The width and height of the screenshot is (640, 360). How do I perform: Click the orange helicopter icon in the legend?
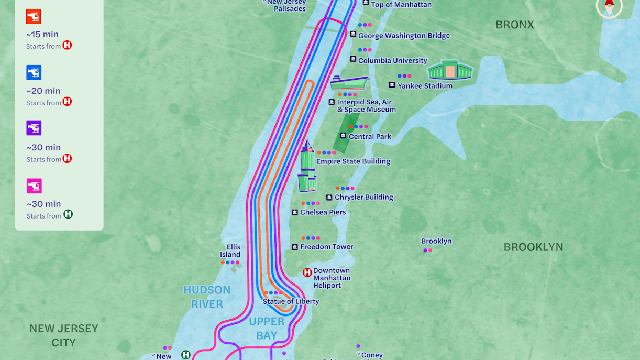click(x=34, y=16)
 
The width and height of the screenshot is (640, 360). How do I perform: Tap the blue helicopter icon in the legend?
click(x=34, y=72)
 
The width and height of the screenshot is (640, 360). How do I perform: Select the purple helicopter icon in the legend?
click(x=34, y=128)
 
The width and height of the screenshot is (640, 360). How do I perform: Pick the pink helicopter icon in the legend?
click(x=34, y=186)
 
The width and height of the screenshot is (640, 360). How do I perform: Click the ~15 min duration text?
click(x=42, y=34)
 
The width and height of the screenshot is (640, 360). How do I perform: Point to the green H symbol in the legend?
click(x=68, y=214)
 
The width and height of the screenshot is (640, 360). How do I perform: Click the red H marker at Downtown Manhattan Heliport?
click(x=307, y=272)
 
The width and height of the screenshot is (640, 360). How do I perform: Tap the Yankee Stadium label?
click(x=425, y=86)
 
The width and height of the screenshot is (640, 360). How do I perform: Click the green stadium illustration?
click(x=450, y=70)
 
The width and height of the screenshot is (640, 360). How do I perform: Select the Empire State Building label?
click(x=353, y=161)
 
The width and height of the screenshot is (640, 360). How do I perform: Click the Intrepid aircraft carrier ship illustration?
click(x=349, y=83)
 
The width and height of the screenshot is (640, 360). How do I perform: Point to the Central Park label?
click(x=370, y=136)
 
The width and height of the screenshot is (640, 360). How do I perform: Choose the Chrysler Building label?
click(x=363, y=198)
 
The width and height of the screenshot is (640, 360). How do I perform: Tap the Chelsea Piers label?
click(x=323, y=212)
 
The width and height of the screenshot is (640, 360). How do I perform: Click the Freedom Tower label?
click(x=326, y=247)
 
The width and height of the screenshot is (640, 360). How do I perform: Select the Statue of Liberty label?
click(x=291, y=301)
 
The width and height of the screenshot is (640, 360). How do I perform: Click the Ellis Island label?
click(x=230, y=250)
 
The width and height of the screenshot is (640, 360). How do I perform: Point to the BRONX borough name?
click(x=514, y=25)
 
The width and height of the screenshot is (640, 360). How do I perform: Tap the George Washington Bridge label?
click(x=404, y=36)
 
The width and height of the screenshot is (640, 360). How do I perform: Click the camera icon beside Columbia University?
click(x=353, y=60)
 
